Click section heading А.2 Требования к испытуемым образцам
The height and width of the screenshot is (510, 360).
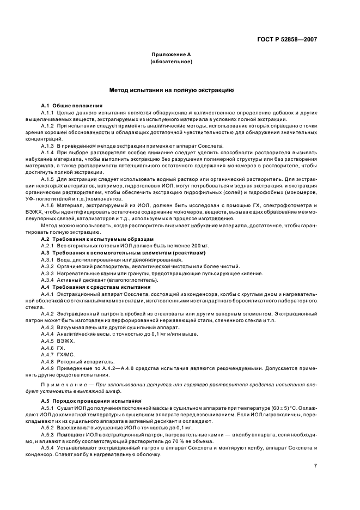coord(97,239)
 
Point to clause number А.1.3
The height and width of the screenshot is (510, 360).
coord(47,147)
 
